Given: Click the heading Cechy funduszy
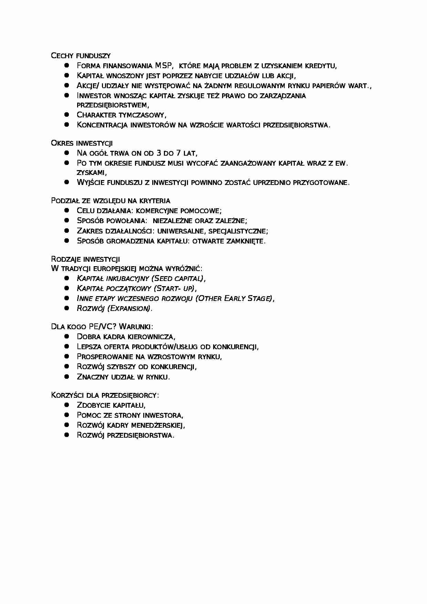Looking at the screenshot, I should pyautogui.click(x=81, y=55).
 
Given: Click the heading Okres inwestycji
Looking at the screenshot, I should pyautogui.click(x=82, y=143).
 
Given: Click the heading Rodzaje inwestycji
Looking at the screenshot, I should pyautogui.click(x=85, y=259).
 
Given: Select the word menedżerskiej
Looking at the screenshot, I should pyautogui.click(x=158, y=425).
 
